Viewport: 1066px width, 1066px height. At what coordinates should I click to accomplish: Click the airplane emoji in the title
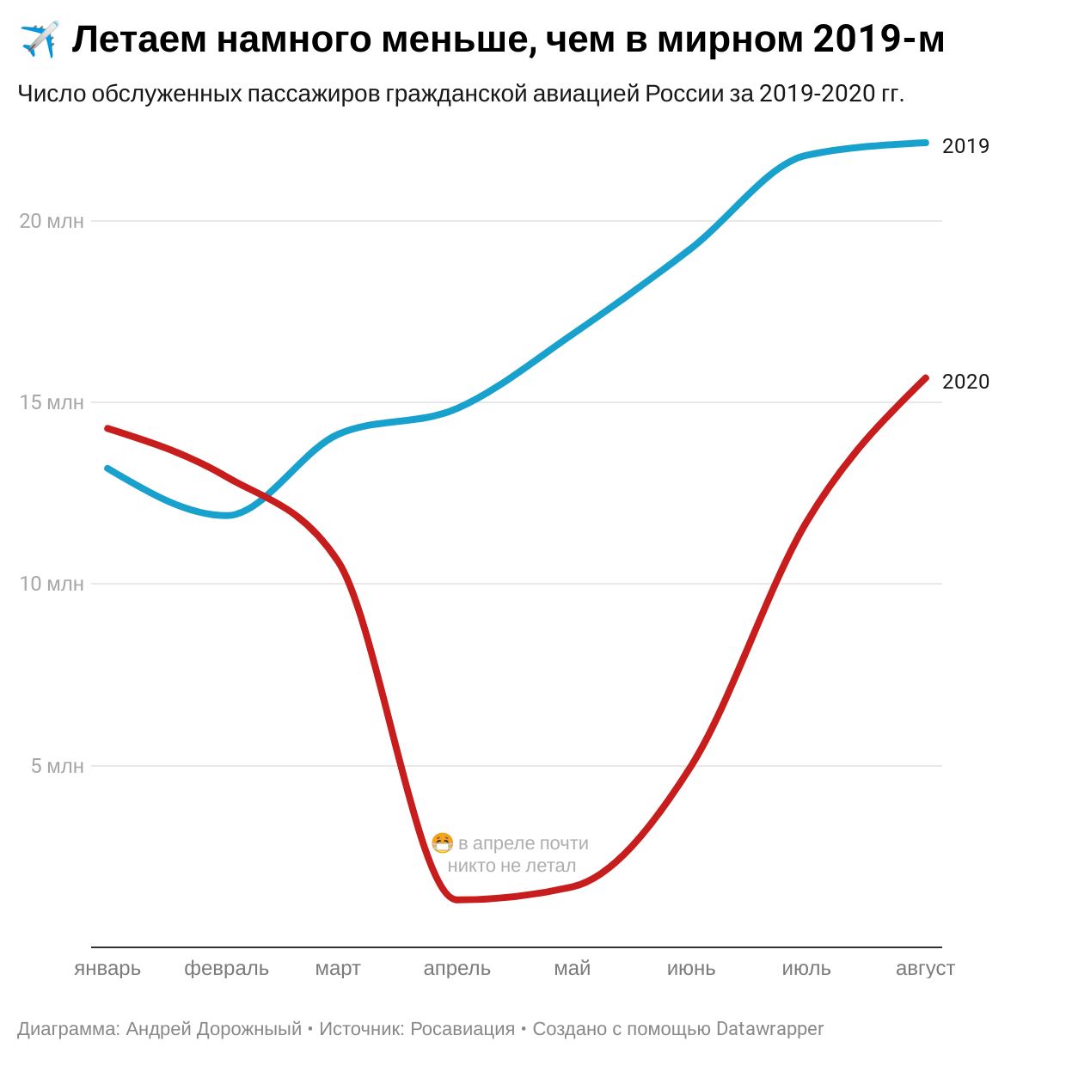pyautogui.click(x=39, y=40)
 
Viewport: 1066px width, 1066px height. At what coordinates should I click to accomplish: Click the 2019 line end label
pyautogui.click(x=965, y=146)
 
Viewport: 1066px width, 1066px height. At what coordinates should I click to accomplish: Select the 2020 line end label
pyautogui.click(x=965, y=382)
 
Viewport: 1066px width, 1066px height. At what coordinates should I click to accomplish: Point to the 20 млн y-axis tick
pyautogui.click(x=52, y=221)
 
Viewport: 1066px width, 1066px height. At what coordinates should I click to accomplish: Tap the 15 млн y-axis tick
pyautogui.click(x=52, y=402)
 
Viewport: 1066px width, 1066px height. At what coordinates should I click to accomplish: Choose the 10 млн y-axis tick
pyautogui.click(x=52, y=584)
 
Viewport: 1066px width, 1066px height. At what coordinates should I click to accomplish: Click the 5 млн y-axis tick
pyautogui.click(x=58, y=766)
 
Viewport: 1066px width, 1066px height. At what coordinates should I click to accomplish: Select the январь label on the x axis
pyautogui.click(x=107, y=969)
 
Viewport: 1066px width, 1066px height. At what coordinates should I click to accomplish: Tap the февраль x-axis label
pyautogui.click(x=226, y=969)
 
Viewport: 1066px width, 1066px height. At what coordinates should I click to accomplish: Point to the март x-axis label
pyautogui.click(x=338, y=969)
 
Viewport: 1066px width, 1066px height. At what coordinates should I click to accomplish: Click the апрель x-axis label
pyautogui.click(x=456, y=969)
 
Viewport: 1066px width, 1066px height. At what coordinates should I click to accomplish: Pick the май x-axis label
pyautogui.click(x=573, y=969)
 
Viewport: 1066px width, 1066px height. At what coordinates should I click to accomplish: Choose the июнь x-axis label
pyautogui.click(x=691, y=969)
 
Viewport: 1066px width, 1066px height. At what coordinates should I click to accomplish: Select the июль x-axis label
pyautogui.click(x=806, y=969)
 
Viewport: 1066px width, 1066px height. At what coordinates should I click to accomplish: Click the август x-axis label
pyautogui.click(x=925, y=969)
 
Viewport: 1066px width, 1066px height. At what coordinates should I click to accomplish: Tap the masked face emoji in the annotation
pyautogui.click(x=442, y=843)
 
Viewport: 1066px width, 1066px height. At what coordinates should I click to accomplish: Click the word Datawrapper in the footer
pyautogui.click(x=769, y=1029)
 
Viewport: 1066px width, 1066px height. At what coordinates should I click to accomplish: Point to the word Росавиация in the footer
pyautogui.click(x=463, y=1029)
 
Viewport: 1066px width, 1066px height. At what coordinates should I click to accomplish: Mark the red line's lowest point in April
pyautogui.click(x=456, y=899)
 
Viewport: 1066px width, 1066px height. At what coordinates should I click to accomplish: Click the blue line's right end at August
pyautogui.click(x=925, y=143)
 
